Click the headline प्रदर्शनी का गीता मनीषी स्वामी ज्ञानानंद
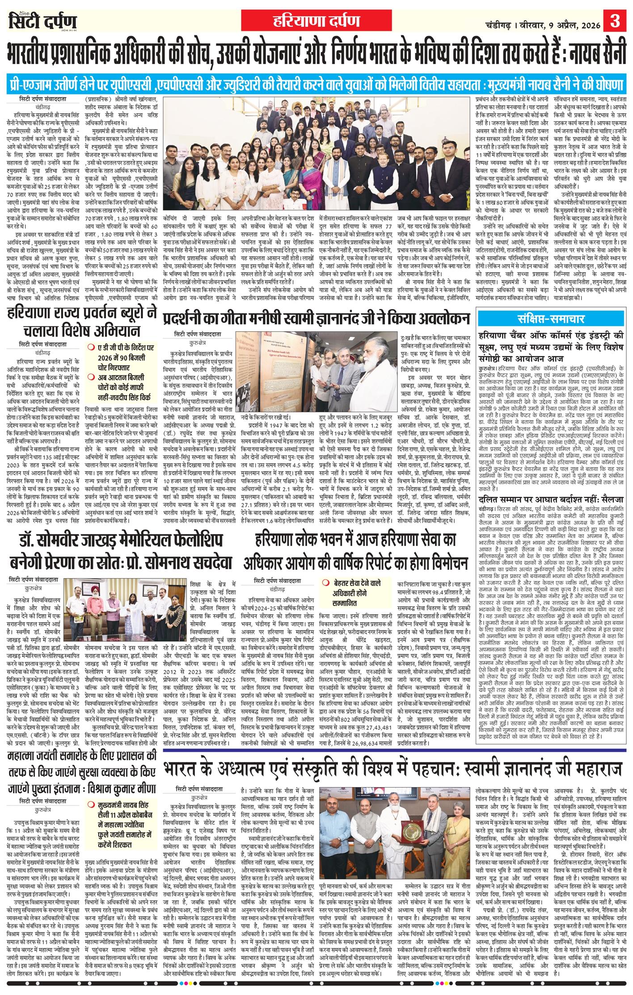pyautogui.click(x=317, y=319)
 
